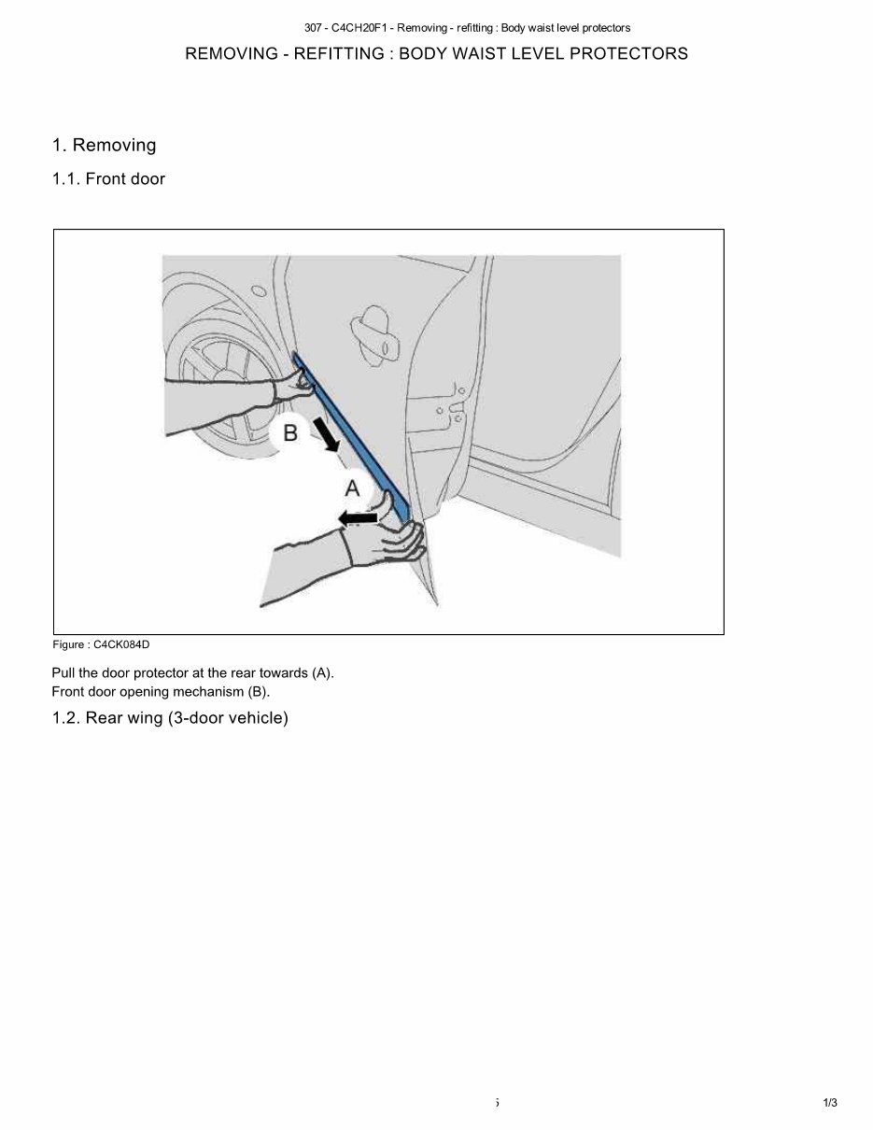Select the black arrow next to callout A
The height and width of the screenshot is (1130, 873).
click(358, 516)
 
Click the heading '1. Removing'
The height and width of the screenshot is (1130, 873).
click(105, 146)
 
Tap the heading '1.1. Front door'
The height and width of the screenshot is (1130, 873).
click(108, 179)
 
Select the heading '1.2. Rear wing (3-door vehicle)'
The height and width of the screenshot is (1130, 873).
click(170, 718)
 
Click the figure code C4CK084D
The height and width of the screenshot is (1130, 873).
click(121, 644)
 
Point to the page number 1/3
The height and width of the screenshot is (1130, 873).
click(830, 1103)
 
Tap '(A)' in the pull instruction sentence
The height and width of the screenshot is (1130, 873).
click(322, 672)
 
